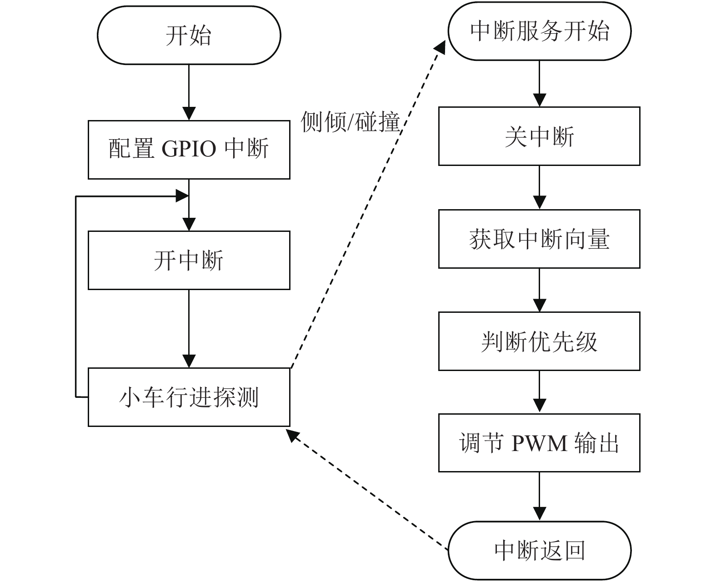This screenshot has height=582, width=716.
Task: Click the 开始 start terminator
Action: click(x=189, y=35)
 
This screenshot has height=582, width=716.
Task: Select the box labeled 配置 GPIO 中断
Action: click(x=189, y=150)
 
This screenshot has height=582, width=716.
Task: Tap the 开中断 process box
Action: click(x=189, y=260)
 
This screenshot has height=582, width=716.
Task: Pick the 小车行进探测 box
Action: click(x=189, y=397)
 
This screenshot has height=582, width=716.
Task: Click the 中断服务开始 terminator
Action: click(x=540, y=31)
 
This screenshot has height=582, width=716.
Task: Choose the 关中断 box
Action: click(x=539, y=136)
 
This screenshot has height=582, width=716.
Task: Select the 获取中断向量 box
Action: click(x=539, y=239)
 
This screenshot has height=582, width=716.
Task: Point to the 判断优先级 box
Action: click(x=539, y=341)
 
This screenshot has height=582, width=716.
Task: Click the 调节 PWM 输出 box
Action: click(x=539, y=443)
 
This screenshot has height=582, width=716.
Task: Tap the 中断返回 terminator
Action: click(x=540, y=550)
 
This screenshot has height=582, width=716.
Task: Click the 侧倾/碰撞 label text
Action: click(x=350, y=122)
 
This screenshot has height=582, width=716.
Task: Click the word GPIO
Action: click(x=189, y=149)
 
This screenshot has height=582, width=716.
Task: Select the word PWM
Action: click(x=540, y=443)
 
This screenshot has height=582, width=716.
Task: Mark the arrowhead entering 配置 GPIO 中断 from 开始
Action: click(x=189, y=113)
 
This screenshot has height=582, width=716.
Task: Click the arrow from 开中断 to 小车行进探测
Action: click(x=189, y=328)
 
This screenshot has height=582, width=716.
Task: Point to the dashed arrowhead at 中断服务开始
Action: click(x=440, y=47)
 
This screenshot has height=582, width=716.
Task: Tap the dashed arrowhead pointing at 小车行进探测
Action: click(x=292, y=435)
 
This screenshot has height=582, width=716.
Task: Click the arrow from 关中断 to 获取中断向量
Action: click(x=540, y=187)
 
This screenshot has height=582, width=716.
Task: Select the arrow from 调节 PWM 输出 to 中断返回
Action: click(x=540, y=497)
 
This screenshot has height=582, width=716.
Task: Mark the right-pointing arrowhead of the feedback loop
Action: click(x=182, y=196)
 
